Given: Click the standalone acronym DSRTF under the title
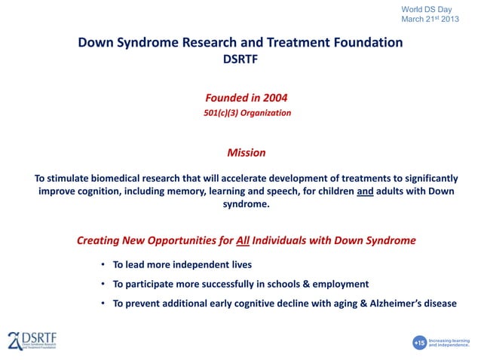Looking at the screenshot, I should [240, 60].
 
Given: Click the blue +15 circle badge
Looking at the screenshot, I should [420, 343].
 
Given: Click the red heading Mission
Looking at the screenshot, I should [246, 153].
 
